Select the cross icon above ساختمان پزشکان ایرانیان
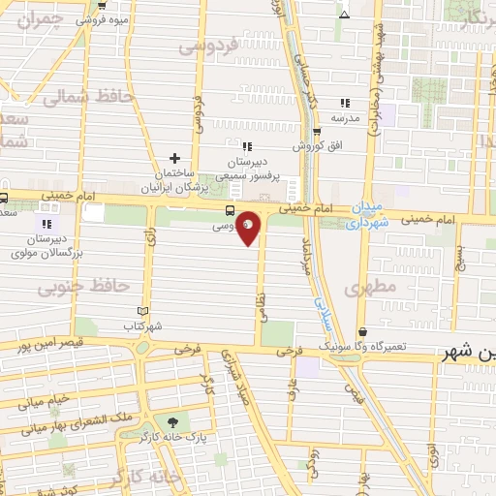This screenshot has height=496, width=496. (x=174, y=158)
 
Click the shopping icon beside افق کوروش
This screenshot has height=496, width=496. (x=317, y=132)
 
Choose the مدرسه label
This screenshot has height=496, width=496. (x=346, y=118)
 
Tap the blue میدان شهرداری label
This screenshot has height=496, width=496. (x=367, y=215)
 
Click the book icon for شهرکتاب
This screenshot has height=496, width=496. (x=143, y=311)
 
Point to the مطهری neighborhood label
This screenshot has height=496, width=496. (x=364, y=288)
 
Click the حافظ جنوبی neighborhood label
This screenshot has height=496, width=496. (x=71, y=287)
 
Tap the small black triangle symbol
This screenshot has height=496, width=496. (x=345, y=15)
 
